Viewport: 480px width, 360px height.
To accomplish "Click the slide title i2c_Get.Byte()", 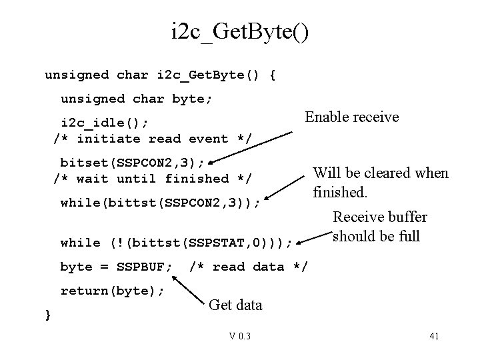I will click(239, 31).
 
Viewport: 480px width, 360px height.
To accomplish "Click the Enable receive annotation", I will click(351, 117).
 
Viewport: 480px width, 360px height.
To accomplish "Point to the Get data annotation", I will click(235, 305).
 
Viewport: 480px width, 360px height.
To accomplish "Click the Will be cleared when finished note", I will click(380, 183).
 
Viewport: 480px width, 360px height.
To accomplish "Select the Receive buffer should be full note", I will click(379, 227).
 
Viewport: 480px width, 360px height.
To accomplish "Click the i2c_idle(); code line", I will click(105, 123).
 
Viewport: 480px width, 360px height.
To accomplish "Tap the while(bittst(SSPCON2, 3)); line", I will click(160, 203).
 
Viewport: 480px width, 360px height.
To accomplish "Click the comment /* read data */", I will click(248, 267).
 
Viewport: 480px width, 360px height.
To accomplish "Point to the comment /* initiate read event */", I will click(152, 139).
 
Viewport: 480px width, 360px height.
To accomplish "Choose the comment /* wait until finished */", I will click(152, 179).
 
